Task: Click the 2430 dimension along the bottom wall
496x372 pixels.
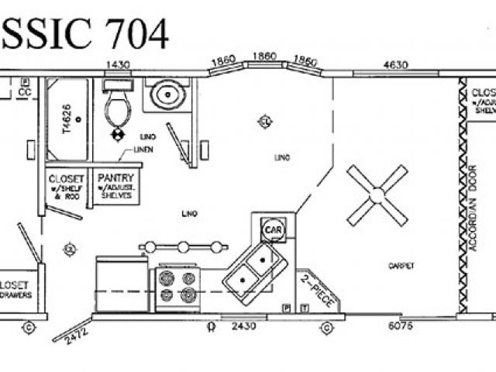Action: [243, 327]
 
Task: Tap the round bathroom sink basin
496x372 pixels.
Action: [166, 96]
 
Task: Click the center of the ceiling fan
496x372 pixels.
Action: [377, 195]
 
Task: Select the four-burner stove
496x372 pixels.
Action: [177, 286]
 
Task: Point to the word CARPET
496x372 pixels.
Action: [401, 266]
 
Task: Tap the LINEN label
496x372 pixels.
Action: [143, 148]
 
